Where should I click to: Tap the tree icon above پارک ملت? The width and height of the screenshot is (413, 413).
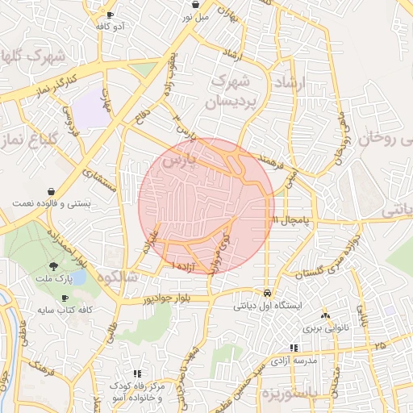pyautogui.click(x=53, y=266)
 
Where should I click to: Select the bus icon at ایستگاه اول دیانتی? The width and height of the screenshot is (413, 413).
pyautogui.click(x=267, y=293)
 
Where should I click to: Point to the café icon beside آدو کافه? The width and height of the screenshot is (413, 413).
pyautogui.click(x=111, y=15)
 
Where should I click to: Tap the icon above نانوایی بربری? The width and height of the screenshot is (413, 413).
pyautogui.click(x=326, y=315)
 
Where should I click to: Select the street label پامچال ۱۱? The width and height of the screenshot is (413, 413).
pyautogui.click(x=289, y=219)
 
